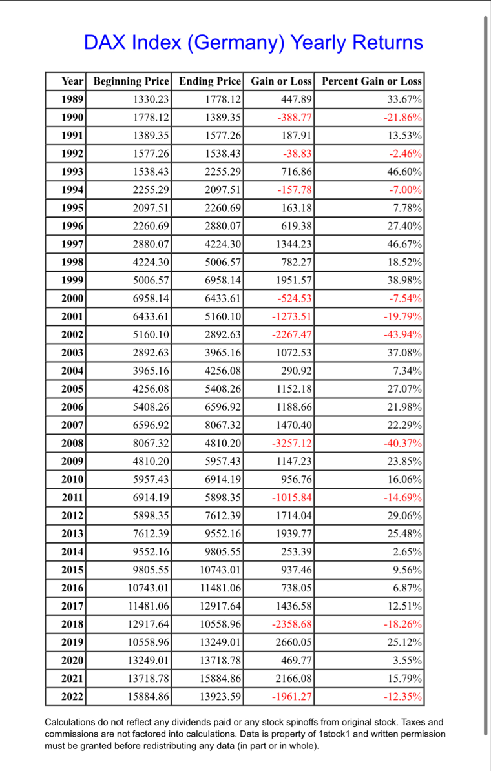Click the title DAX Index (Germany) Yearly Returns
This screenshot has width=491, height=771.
point(253,43)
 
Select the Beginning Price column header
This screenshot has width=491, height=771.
point(132,81)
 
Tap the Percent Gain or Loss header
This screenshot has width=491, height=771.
point(371,81)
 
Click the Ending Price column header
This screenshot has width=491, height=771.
point(210,81)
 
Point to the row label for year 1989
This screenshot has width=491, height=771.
point(73,100)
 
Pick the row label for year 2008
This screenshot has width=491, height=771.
point(73,444)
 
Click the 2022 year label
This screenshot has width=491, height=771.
point(73,697)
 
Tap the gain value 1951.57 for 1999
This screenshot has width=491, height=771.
point(295,281)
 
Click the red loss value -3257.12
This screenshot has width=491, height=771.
point(291,444)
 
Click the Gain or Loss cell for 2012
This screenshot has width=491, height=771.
point(295,516)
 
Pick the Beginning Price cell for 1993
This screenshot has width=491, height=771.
point(151,172)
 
